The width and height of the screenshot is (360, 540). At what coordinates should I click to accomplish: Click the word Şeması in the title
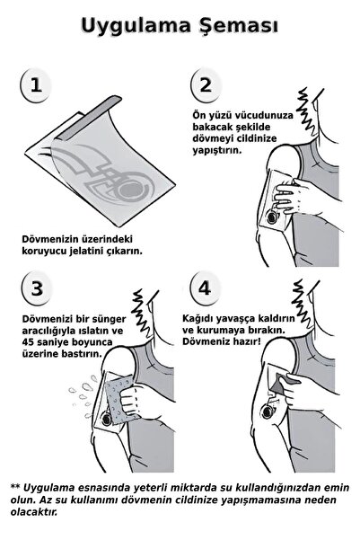pyautogui.click(x=236, y=28)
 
